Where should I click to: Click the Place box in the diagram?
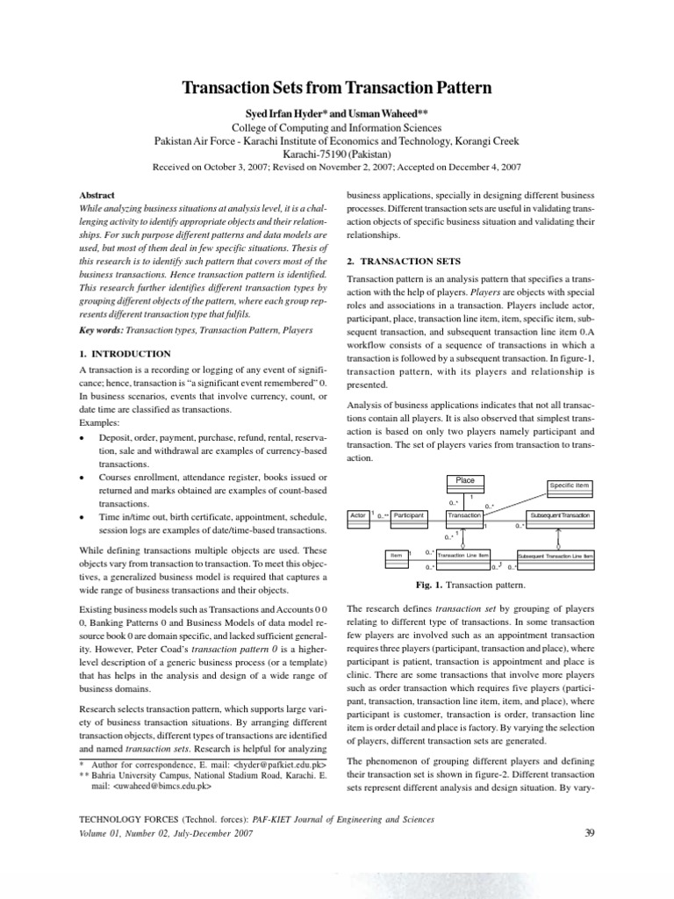pyautogui.click(x=465, y=480)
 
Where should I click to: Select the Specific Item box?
pyautogui.click(x=570, y=485)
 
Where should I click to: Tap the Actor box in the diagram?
pyautogui.click(x=358, y=514)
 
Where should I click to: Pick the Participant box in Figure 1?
pyautogui.click(x=409, y=514)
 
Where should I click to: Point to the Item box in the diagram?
pyautogui.click(x=397, y=555)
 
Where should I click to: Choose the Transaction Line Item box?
pyautogui.click(x=463, y=555)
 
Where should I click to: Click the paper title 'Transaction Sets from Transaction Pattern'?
pyautogui.click(x=336, y=88)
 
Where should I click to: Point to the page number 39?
pyautogui.click(x=589, y=833)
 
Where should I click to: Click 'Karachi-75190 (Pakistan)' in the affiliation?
pyautogui.click(x=336, y=152)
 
